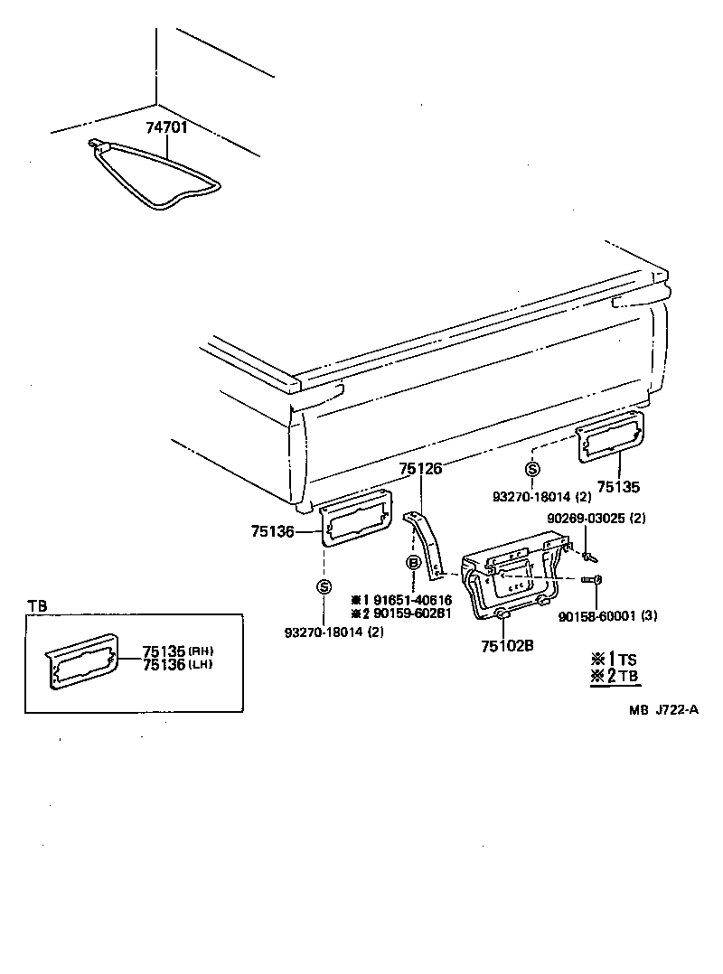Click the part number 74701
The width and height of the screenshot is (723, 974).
pos(167,127)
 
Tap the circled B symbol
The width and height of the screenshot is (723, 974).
pos(414,563)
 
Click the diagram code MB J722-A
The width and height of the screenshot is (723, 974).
pos(664,709)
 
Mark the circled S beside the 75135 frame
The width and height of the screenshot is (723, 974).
pos(532,468)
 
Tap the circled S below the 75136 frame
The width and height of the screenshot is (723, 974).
pos(324,587)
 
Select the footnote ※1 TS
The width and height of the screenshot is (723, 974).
pos(615,659)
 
